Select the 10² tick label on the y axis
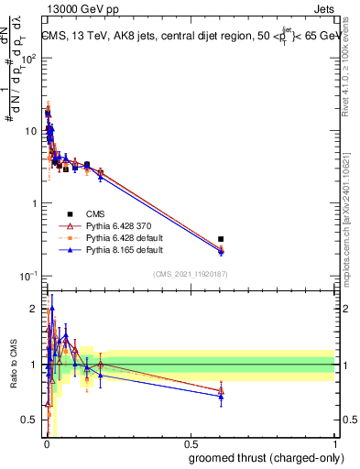29,58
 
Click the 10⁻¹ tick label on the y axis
29,276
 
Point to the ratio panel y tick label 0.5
30,420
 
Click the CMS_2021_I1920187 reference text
190,274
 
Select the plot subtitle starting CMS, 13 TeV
189,36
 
